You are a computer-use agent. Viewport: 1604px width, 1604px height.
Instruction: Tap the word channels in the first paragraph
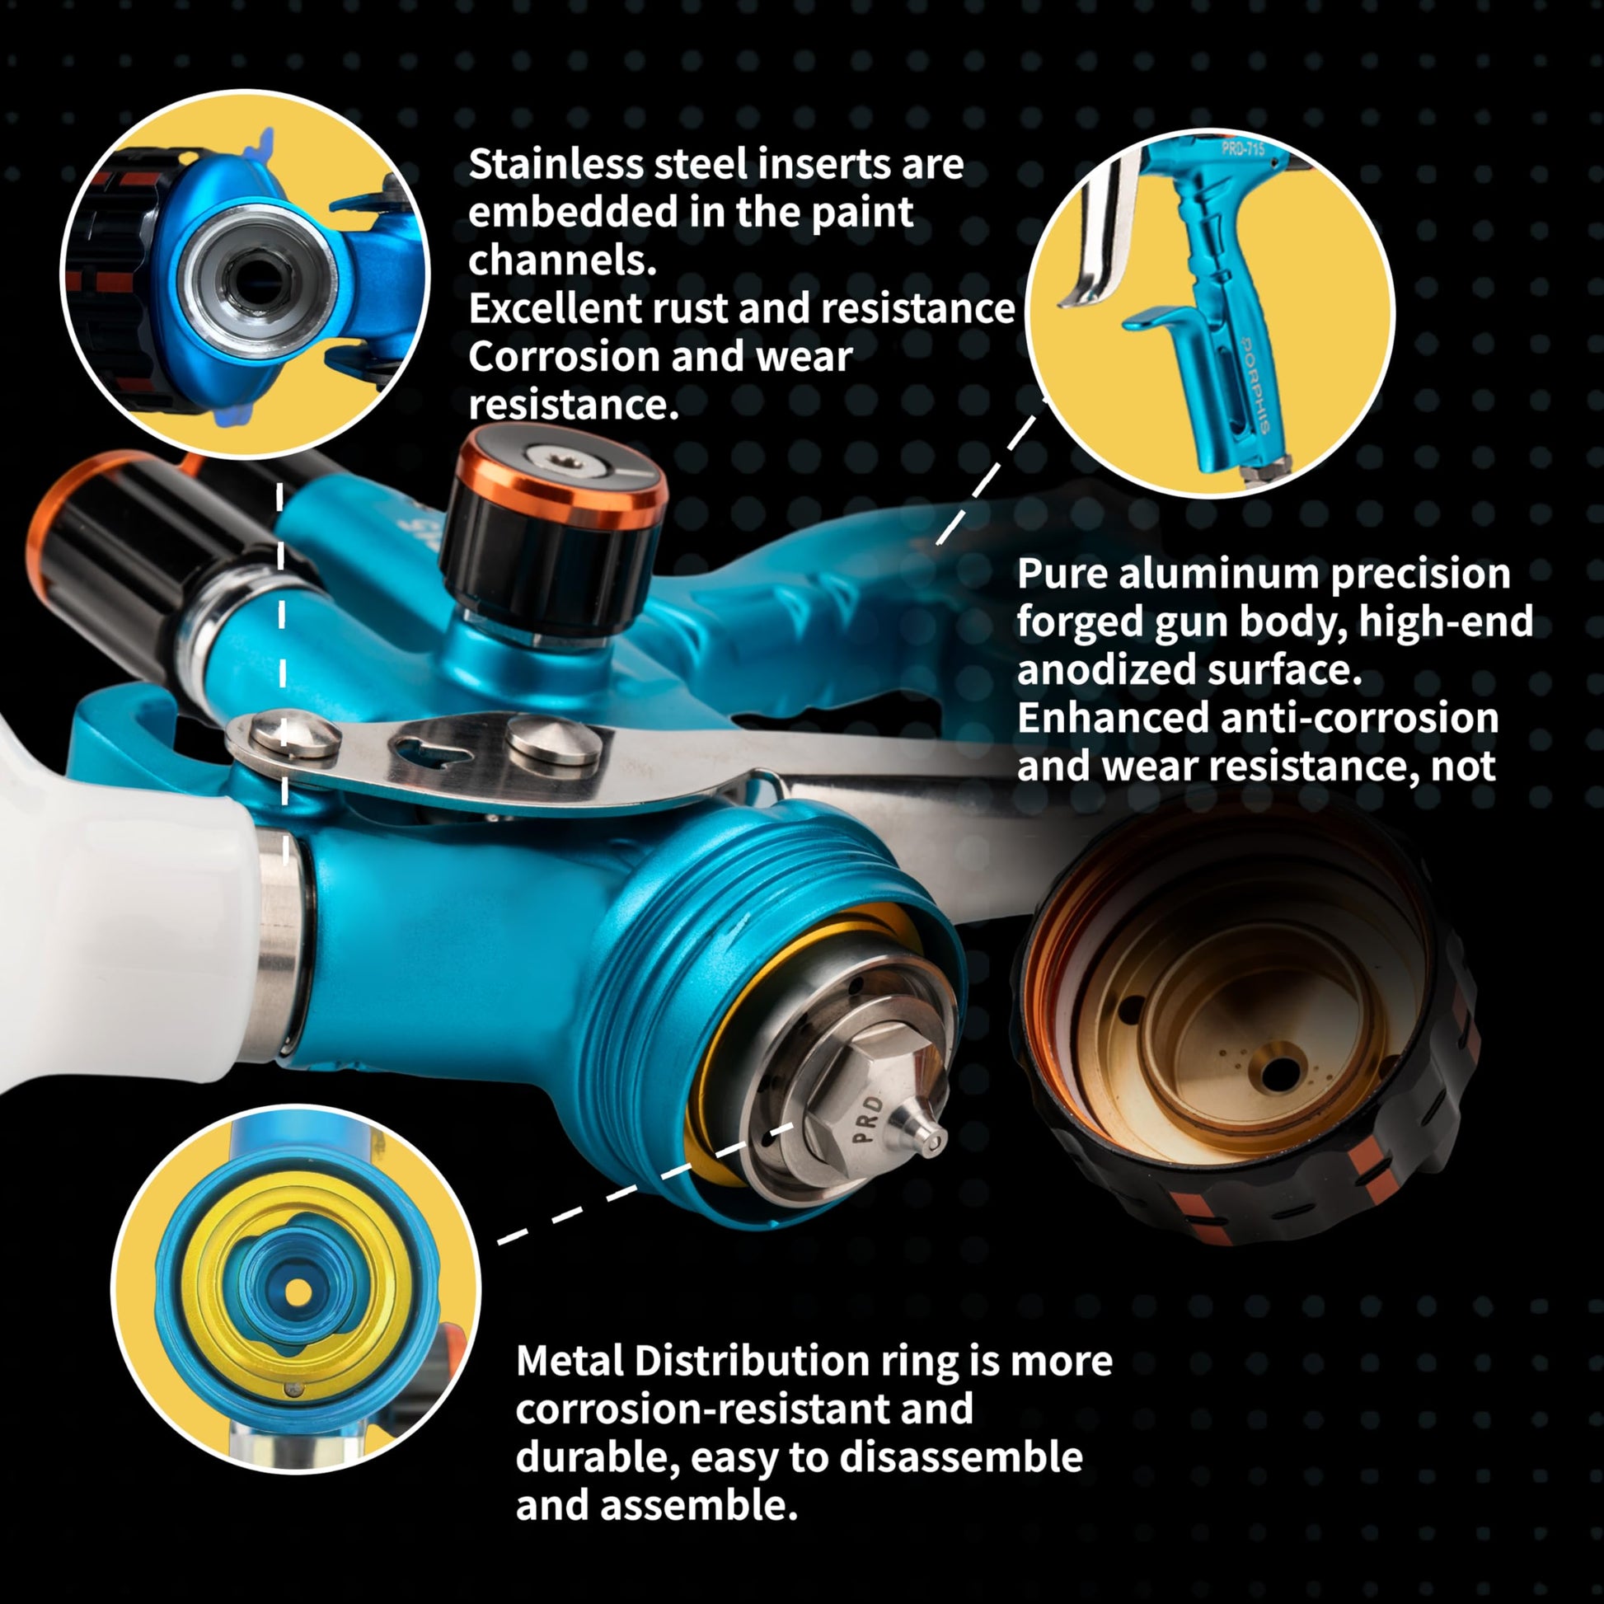coord(562,260)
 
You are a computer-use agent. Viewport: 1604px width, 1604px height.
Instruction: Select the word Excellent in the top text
coord(555,308)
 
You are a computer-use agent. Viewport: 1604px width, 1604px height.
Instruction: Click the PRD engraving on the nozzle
coord(867,1119)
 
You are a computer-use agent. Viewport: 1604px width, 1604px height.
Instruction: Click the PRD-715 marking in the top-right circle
coord(1243,149)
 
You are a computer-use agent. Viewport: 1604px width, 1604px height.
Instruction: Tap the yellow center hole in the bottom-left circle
coord(298,1291)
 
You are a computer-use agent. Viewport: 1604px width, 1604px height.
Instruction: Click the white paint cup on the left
coord(116,905)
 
